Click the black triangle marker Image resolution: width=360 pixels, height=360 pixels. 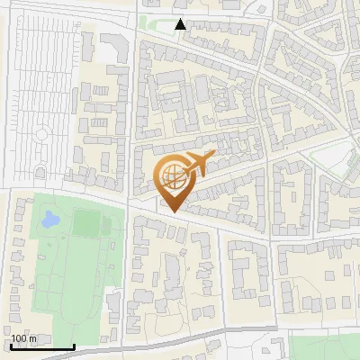pyautogui.click(x=181, y=25)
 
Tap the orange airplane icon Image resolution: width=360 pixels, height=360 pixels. pyautogui.click(x=200, y=165)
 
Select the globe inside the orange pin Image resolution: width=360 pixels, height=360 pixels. pyautogui.click(x=171, y=177)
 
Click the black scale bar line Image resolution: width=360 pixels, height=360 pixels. pyautogui.click(x=42, y=346)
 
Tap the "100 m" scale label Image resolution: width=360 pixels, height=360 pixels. pyautogui.click(x=24, y=338)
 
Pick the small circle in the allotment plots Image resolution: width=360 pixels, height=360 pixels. pyautogui.click(x=39, y=136)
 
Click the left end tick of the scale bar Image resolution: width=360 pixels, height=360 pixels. pyautogui.click(x=11, y=346)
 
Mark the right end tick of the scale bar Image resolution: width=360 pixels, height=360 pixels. pyautogui.click(x=74, y=346)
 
